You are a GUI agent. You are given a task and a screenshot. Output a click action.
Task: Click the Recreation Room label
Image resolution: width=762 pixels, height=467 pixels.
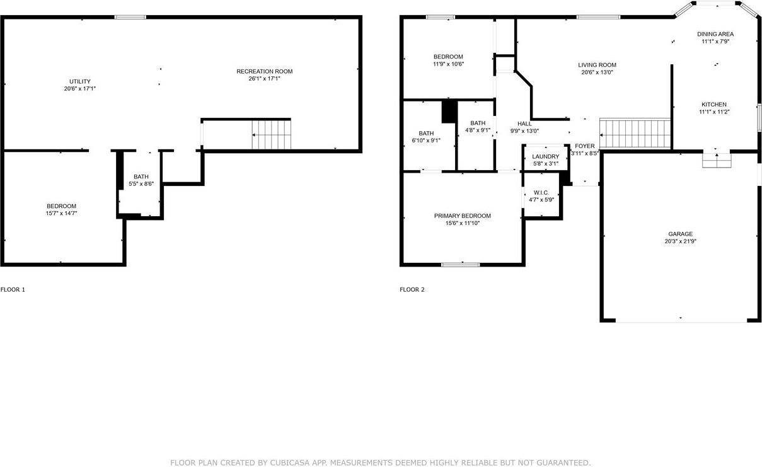click(x=264, y=71)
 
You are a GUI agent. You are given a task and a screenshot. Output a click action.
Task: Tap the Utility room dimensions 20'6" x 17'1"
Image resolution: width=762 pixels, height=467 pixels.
click(x=79, y=89)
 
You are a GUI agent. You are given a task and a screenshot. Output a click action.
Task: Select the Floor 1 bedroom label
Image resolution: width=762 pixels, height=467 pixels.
click(x=61, y=206)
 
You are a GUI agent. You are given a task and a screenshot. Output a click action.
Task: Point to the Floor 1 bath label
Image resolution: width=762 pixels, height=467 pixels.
click(x=141, y=176)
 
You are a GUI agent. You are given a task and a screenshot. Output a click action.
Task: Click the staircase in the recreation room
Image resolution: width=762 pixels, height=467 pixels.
click(x=272, y=134)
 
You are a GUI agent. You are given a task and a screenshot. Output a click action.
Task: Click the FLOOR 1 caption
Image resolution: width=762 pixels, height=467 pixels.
click(x=13, y=290)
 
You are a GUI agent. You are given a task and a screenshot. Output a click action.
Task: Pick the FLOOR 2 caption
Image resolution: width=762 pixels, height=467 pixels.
click(x=412, y=290)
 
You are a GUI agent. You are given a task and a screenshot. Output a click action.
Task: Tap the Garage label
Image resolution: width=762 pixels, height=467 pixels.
click(x=681, y=234)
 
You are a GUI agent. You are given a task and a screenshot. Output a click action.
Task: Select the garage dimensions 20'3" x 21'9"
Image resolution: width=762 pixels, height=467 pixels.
click(x=681, y=241)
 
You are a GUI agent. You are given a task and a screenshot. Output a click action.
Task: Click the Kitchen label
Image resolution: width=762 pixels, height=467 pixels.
click(x=714, y=105)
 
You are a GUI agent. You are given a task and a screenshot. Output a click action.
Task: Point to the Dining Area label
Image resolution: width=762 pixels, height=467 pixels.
click(x=715, y=34)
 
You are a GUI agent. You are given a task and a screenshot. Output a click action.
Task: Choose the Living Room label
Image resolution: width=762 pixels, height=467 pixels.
click(x=597, y=65)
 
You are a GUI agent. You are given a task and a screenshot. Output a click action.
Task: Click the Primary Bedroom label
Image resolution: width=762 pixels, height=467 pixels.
click(x=462, y=216)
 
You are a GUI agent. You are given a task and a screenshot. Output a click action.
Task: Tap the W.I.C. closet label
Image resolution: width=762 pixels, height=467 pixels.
click(x=541, y=192)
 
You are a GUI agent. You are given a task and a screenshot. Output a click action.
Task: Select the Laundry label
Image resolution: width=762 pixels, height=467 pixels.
click(x=545, y=156)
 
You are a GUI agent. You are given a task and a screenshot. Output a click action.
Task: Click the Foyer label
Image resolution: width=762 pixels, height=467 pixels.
click(x=584, y=146)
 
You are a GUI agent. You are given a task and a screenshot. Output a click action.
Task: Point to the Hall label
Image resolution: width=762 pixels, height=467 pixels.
click(x=524, y=124)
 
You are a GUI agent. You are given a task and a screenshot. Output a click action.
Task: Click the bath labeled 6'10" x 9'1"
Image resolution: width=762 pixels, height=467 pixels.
click(x=426, y=133)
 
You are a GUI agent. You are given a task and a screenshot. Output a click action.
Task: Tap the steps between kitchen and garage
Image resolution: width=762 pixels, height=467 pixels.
click(x=717, y=161)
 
